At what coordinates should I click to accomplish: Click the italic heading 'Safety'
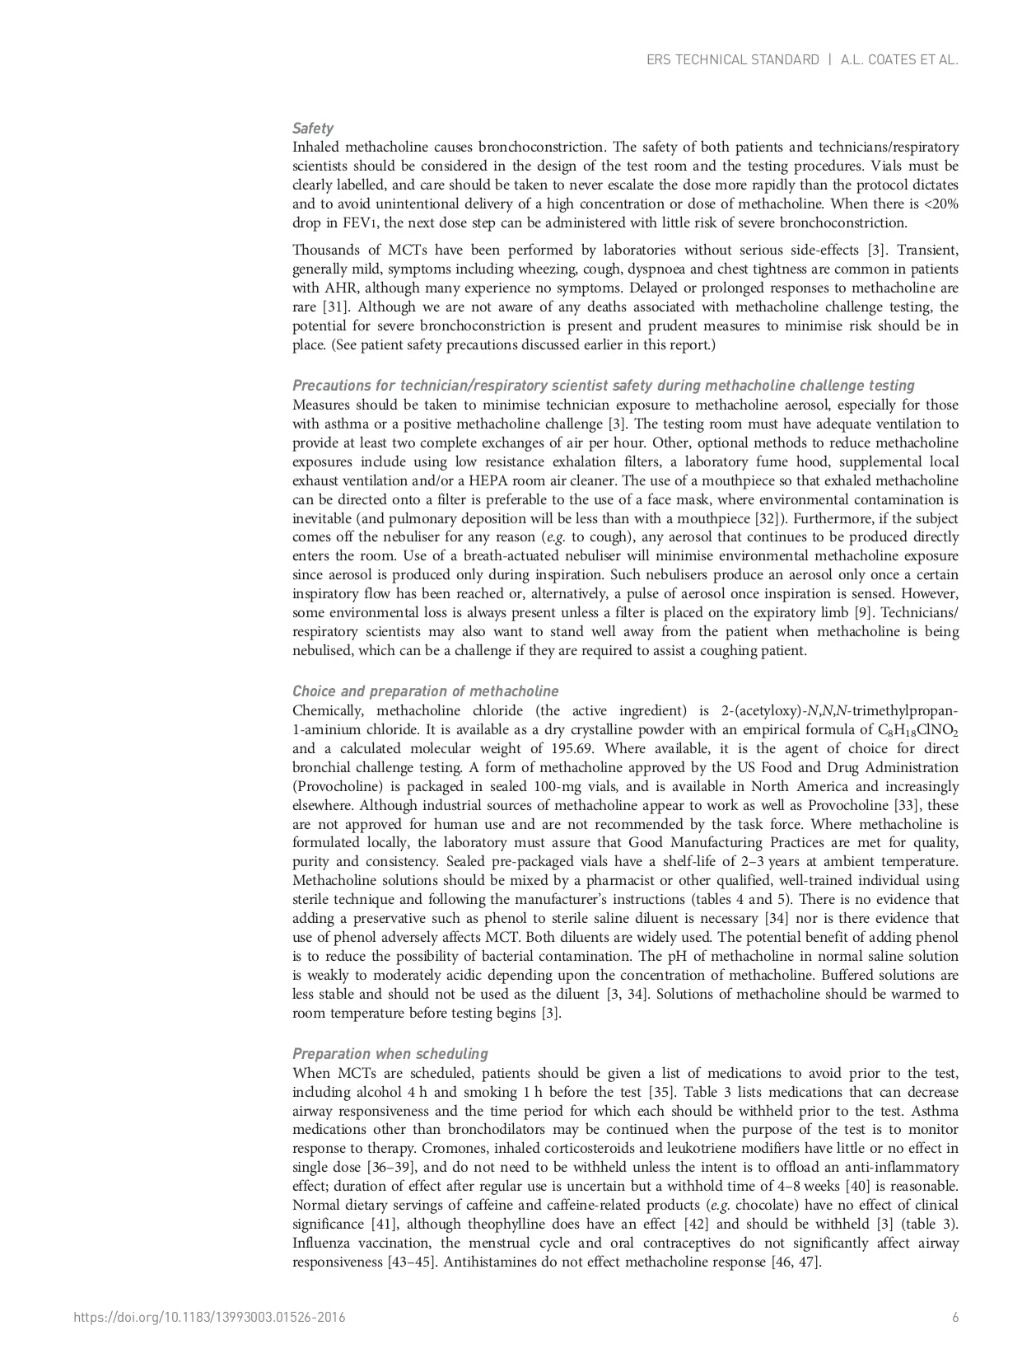(x=313, y=129)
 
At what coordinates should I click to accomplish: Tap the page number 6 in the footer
(x=955, y=1318)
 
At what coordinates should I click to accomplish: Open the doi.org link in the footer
(x=209, y=1318)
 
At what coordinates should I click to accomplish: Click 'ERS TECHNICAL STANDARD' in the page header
(x=732, y=60)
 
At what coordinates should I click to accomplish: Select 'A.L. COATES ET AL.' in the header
(x=899, y=60)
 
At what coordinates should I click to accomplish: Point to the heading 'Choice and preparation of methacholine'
(x=425, y=691)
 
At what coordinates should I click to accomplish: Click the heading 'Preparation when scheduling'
(x=390, y=1054)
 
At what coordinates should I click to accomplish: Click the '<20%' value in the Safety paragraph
(x=939, y=204)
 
